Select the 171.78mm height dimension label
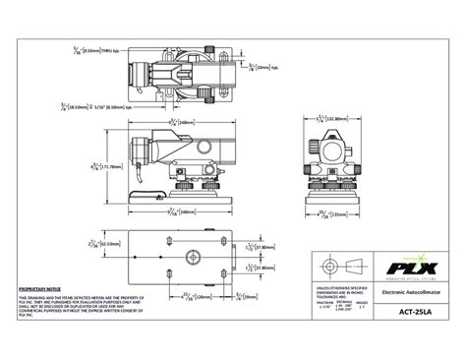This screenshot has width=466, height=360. coord(110,166)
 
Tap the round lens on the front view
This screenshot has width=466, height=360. coord(333,148)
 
